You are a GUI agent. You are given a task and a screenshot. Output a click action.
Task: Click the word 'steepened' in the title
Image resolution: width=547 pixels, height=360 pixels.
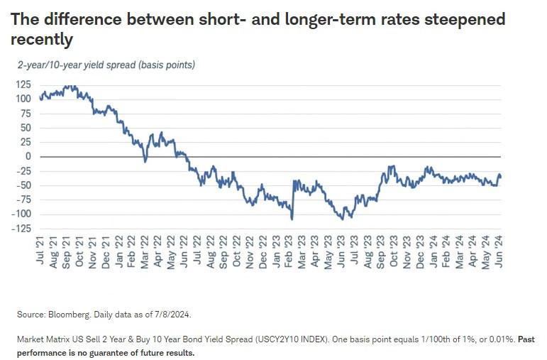(465, 19)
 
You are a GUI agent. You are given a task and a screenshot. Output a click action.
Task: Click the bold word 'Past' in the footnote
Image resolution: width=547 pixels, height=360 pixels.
(526, 339)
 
